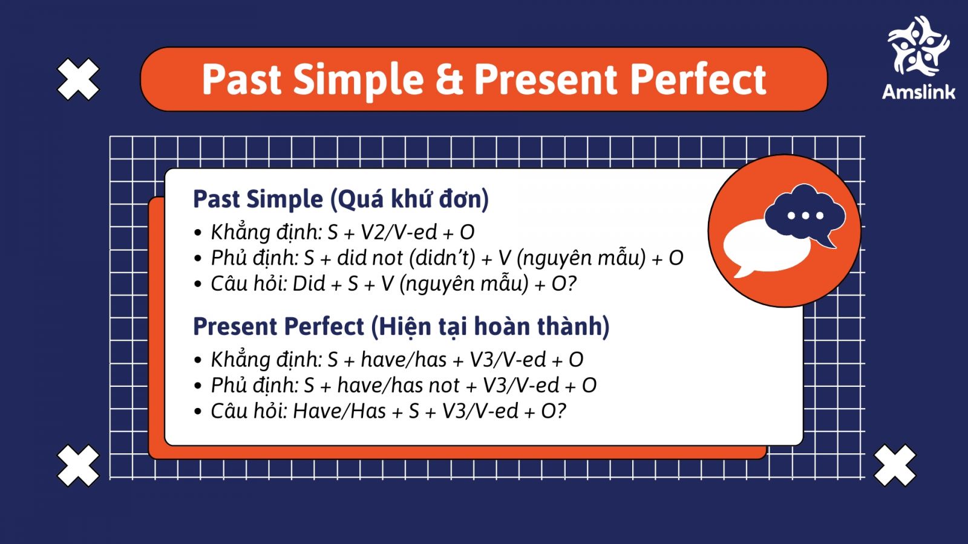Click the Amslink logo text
click(x=918, y=92)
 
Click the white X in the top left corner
click(x=78, y=79)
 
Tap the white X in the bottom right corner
click(x=895, y=465)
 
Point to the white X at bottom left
click(x=78, y=465)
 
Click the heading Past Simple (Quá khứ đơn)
click(x=341, y=199)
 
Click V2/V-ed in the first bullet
click(x=399, y=232)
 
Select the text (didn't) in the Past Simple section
click(x=442, y=258)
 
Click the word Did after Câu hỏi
click(x=309, y=283)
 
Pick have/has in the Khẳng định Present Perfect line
click(x=404, y=360)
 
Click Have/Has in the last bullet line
click(x=339, y=412)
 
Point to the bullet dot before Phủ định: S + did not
click(x=198, y=259)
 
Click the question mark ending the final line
click(x=561, y=412)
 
